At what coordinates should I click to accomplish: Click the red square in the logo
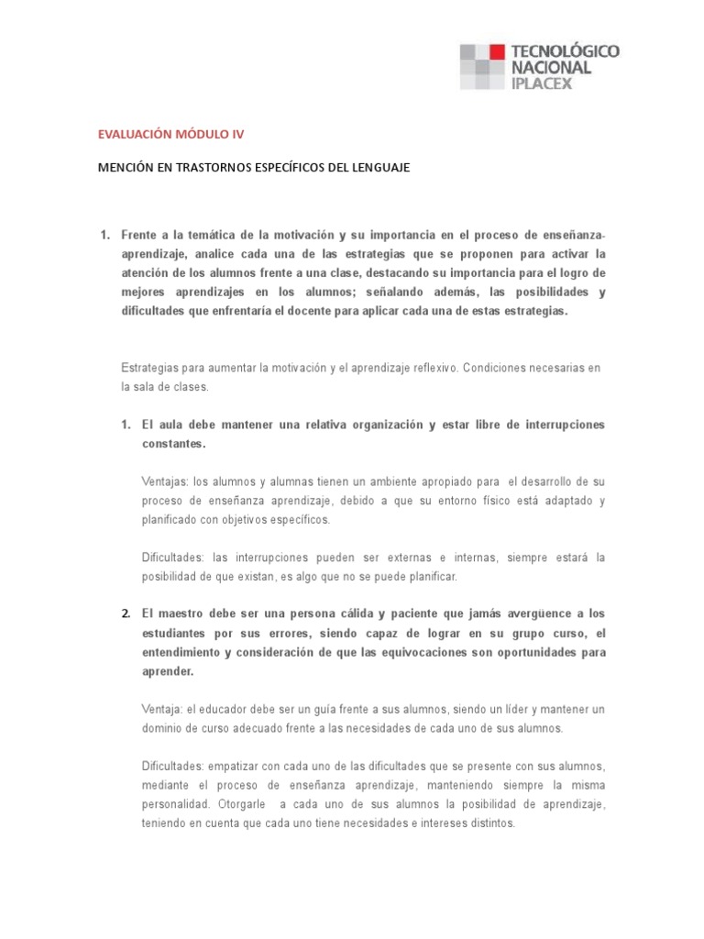496,51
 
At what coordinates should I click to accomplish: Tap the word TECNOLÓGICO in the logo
569,51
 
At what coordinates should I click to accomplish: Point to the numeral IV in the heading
239,134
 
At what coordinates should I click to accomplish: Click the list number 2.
126,613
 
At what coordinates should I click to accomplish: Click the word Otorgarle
244,804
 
